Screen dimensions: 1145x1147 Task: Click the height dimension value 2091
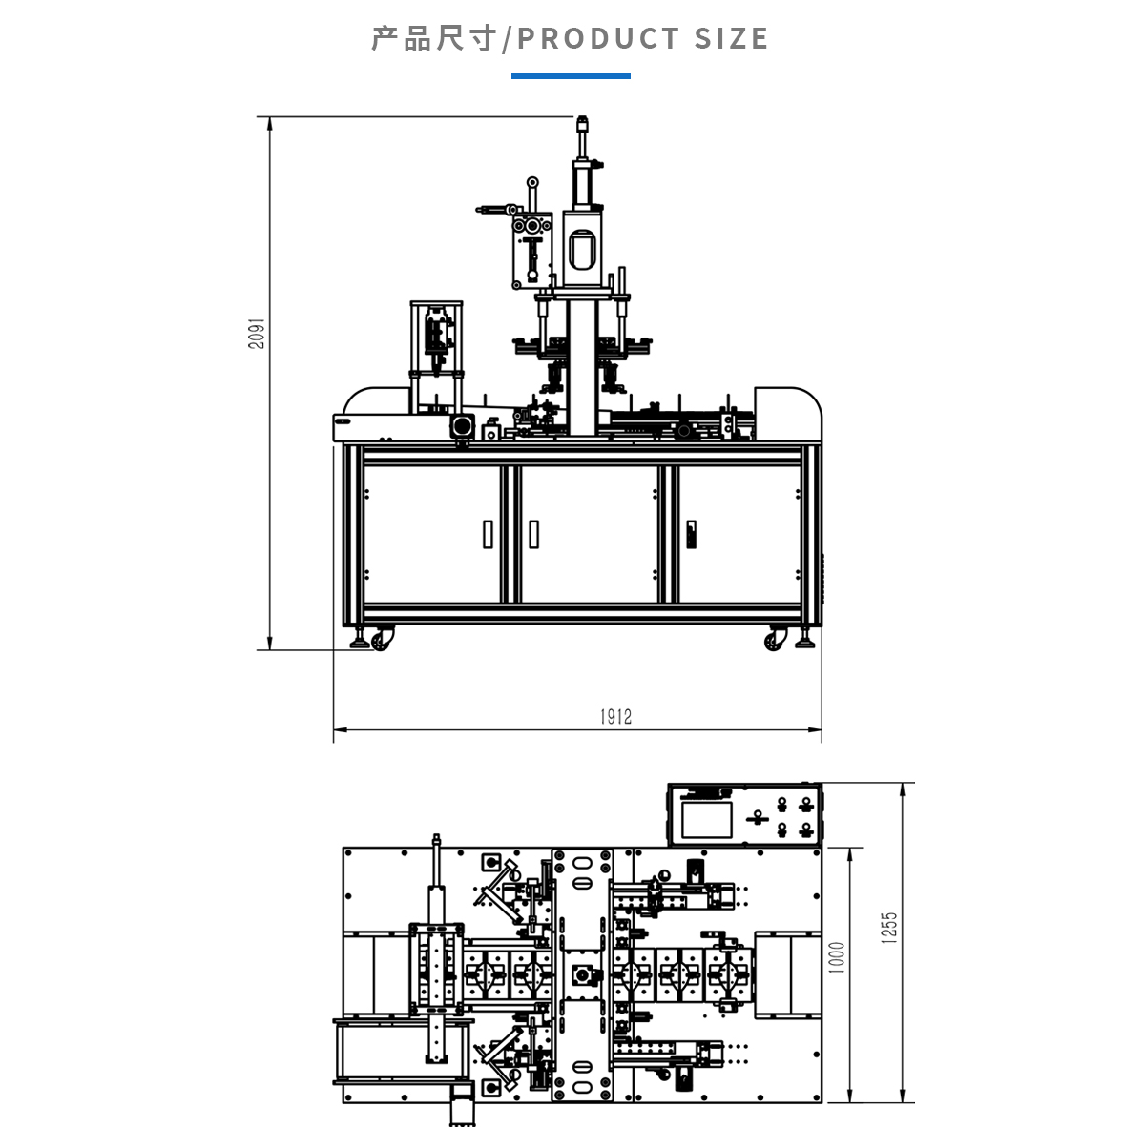(257, 334)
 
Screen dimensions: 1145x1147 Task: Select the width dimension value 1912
(615, 717)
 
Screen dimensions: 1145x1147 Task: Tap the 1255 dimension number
(889, 928)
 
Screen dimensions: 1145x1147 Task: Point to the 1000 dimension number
(837, 957)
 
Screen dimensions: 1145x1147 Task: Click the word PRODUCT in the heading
(598, 39)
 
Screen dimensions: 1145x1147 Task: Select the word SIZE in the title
(732, 39)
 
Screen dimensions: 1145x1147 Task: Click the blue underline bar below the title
(571, 76)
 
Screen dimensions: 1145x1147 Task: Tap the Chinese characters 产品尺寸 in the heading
(434, 39)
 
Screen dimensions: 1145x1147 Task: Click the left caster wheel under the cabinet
(382, 640)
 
